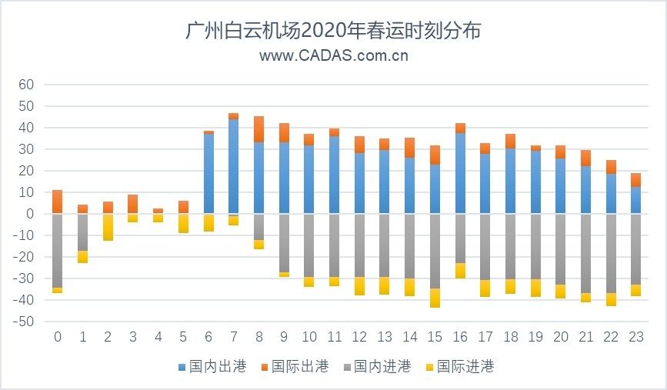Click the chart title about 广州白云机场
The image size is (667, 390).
(333, 31)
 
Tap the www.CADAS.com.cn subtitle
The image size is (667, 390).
(333, 55)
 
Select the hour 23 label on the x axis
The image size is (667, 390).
(635, 336)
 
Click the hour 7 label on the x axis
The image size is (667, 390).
(233, 336)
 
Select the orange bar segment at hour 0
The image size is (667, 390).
(57, 202)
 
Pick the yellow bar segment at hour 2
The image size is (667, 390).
(108, 227)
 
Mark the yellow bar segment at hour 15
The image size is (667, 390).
(435, 298)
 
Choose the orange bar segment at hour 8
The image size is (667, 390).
(258, 129)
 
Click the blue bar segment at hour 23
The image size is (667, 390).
(635, 200)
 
